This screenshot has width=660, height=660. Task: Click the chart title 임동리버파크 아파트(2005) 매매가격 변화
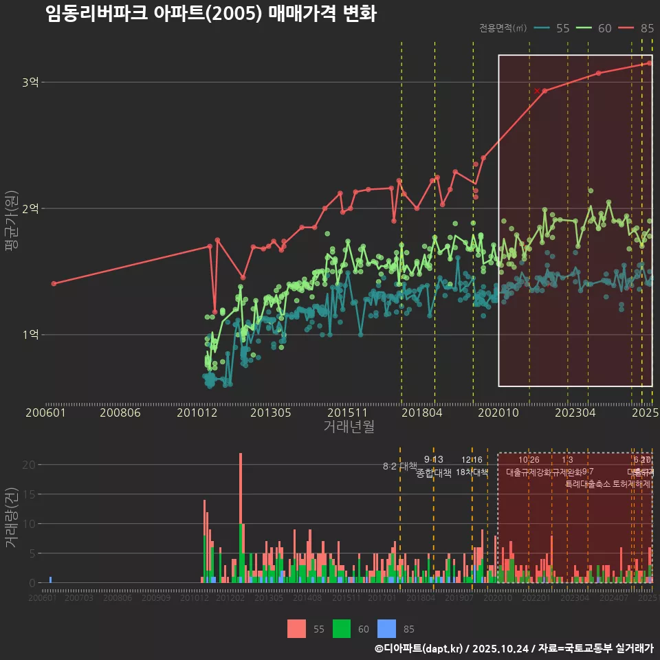click(211, 14)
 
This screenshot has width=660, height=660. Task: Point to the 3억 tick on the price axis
click(30, 82)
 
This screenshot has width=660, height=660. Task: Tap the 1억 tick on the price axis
click(30, 335)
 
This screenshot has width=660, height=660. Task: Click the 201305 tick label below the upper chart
click(271, 412)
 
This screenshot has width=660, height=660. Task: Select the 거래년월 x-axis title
click(349, 426)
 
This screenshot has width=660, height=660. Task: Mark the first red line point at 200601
click(54, 283)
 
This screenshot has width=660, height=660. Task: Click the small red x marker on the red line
click(537, 91)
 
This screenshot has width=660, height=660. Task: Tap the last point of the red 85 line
click(650, 63)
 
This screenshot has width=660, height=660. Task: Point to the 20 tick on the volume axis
click(28, 465)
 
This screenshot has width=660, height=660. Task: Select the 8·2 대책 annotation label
click(400, 466)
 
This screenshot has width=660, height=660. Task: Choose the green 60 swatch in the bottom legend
click(342, 628)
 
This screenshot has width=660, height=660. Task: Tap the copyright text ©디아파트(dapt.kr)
click(419, 648)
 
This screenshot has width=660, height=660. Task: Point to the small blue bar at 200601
click(50, 580)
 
